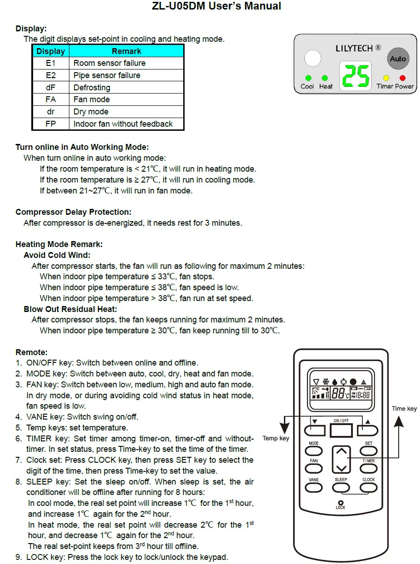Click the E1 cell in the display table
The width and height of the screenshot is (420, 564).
51,63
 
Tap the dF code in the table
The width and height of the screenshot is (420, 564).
51,87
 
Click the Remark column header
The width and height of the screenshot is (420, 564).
127,51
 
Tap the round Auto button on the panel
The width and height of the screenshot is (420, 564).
398,59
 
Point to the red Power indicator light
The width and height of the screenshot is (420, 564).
402,78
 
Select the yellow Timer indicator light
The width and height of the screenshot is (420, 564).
386,78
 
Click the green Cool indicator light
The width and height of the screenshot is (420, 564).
308,78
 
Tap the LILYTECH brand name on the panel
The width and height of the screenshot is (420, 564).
354,48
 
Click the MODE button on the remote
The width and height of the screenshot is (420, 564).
314,451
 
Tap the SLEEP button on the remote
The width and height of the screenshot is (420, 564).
341,487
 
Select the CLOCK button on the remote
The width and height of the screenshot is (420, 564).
369,487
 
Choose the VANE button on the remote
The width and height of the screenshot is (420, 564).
314,487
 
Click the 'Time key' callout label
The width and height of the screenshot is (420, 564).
404,409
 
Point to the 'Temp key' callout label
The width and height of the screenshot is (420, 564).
276,438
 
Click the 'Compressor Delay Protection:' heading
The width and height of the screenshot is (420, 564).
73,212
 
